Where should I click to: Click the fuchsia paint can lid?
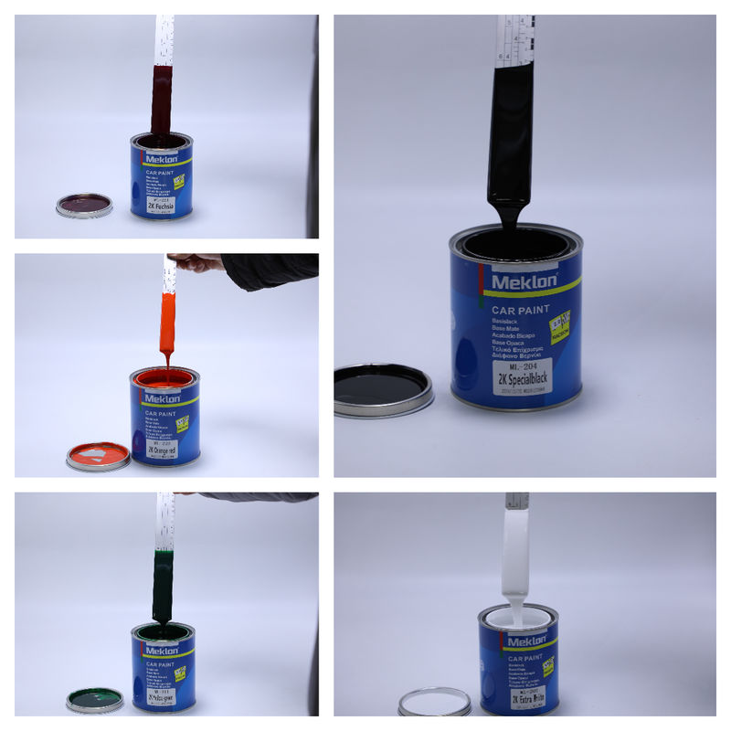pos(84,205)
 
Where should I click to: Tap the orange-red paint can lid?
pos(98,455)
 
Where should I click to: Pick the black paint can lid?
pos(382,388)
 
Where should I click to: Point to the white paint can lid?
pos(435,702)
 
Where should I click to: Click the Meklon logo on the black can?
pos(523,281)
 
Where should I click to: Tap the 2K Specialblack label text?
pos(523,376)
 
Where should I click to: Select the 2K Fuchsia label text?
pos(163,207)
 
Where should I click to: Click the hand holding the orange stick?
pos(192,263)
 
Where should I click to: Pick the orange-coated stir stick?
pos(168,324)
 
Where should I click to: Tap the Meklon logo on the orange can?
pos(163,401)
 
